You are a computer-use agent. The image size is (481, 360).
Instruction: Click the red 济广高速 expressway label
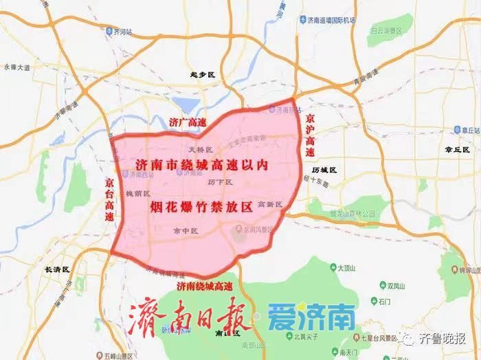tap(187, 122)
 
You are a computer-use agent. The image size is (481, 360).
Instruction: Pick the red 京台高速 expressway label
tap(110, 200)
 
